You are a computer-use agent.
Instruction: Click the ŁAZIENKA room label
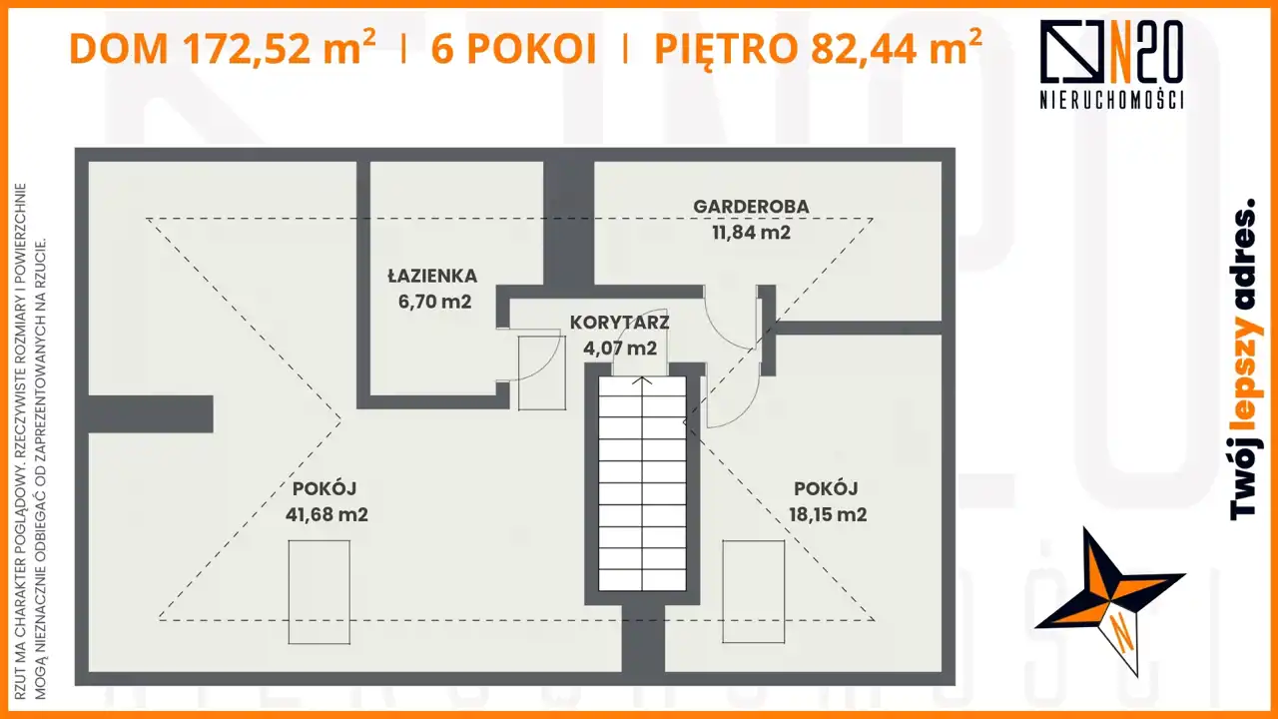pyautogui.click(x=432, y=277)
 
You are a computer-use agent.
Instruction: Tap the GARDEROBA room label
pyautogui.click(x=751, y=207)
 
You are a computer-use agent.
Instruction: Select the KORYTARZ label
pyautogui.click(x=620, y=323)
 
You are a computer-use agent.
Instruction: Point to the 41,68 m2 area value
pyautogui.click(x=326, y=514)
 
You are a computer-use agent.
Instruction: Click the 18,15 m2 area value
pyautogui.click(x=828, y=514)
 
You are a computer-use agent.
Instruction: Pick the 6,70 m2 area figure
pyautogui.click(x=434, y=302)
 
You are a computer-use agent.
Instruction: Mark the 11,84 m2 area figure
pyautogui.click(x=752, y=233)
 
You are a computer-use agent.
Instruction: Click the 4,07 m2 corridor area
pyautogui.click(x=620, y=348)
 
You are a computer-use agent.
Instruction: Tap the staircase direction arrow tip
pyautogui.click(x=642, y=377)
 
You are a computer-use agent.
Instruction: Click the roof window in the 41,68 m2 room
pyautogui.click(x=319, y=592)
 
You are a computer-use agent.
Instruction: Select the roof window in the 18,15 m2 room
pyautogui.click(x=754, y=592)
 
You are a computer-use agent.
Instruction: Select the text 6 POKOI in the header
pyautogui.click(x=513, y=49)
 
